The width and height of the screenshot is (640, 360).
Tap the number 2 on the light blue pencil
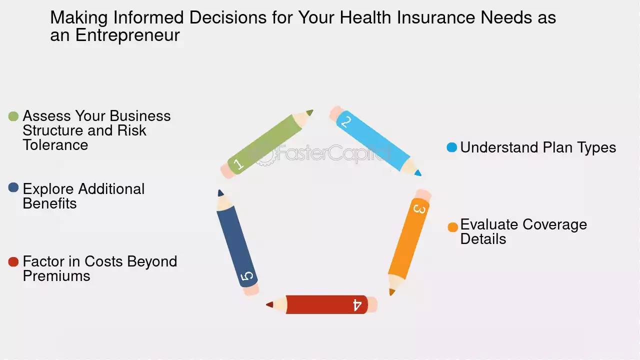point(346,122)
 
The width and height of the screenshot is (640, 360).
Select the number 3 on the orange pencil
point(419,209)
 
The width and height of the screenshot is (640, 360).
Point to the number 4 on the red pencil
point(357,305)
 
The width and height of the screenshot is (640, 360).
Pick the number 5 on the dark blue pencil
point(247,276)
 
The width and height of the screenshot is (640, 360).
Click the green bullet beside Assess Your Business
point(13,116)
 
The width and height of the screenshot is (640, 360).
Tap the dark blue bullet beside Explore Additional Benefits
point(13,187)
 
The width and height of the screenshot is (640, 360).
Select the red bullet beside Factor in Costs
point(13,261)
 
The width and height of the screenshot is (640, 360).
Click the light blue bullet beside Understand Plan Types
point(451,147)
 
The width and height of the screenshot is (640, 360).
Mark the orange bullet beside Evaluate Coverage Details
point(453,227)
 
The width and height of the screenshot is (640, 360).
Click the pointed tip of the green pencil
point(312,110)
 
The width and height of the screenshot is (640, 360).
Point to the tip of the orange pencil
point(391,294)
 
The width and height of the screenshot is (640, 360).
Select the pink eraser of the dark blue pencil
point(251,289)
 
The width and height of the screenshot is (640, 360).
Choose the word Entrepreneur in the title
point(127,35)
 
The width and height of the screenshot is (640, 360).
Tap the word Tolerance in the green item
point(55,145)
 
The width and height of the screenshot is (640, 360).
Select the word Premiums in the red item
point(56,276)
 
